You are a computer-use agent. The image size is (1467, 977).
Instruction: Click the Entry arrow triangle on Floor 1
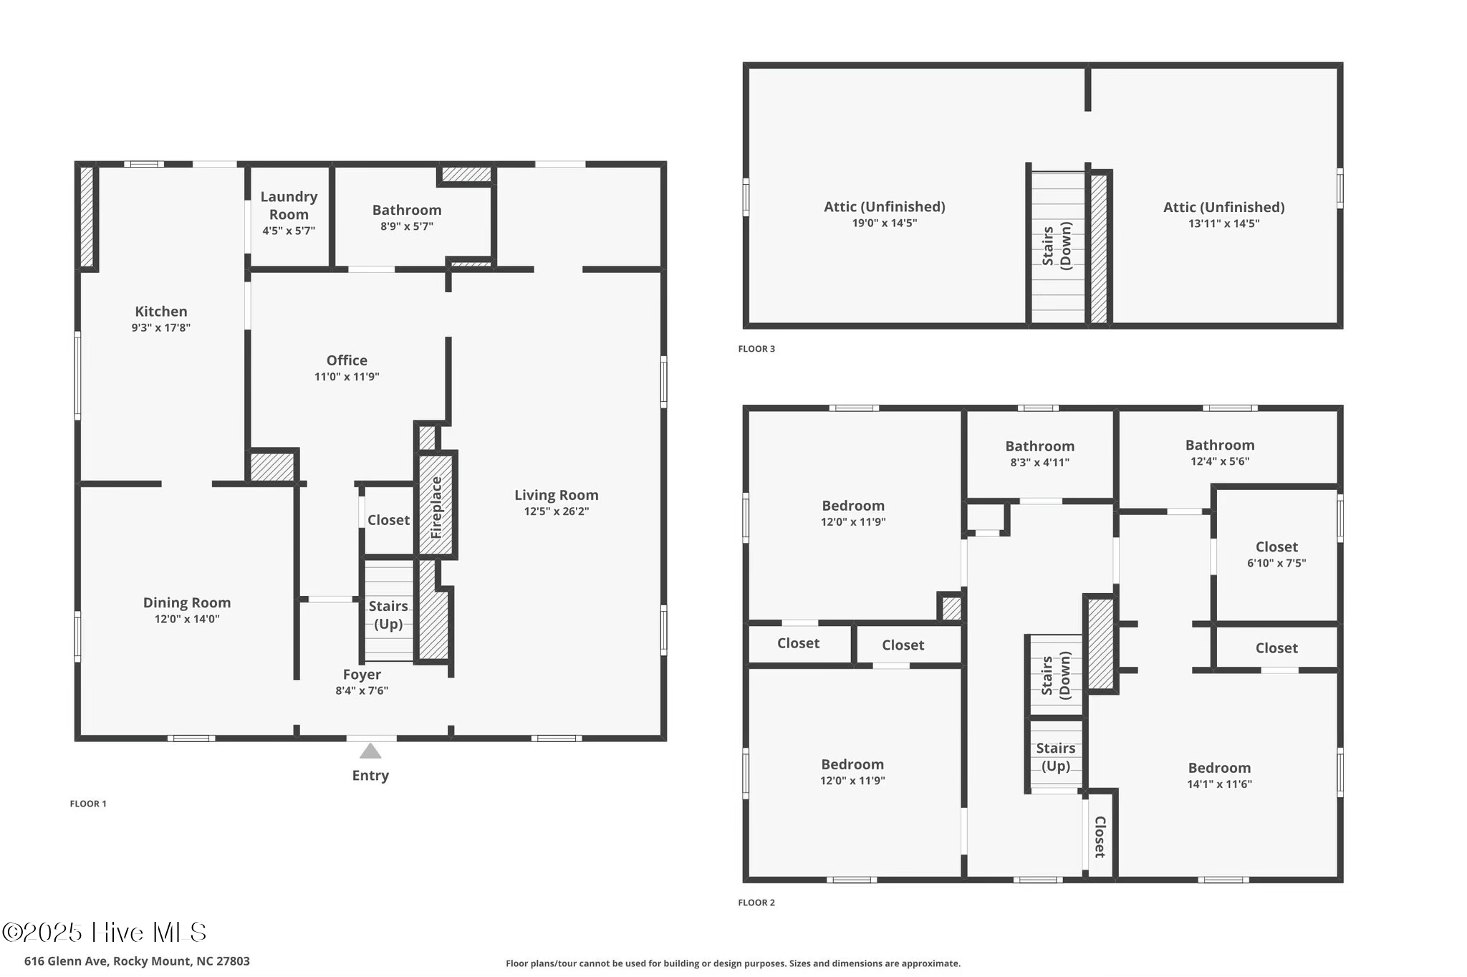[370, 751]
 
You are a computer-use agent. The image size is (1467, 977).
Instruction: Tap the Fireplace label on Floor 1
[436, 508]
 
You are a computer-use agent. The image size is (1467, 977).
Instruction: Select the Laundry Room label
[289, 206]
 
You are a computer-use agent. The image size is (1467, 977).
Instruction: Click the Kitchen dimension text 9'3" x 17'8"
[161, 328]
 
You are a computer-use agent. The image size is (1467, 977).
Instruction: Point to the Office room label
[347, 360]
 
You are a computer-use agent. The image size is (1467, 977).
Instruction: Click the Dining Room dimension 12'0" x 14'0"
[187, 619]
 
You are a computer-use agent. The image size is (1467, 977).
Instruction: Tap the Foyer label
[362, 674]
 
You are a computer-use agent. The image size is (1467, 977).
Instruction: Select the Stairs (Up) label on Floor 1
[388, 615]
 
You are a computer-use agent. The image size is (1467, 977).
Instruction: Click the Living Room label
[556, 495]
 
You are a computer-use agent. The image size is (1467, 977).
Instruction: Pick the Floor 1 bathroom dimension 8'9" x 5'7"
[407, 226]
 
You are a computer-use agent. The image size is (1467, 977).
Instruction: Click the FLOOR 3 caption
[756, 349]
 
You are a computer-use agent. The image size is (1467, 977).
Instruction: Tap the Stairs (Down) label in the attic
[1057, 246]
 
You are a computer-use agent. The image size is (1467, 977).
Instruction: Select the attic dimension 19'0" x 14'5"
[884, 223]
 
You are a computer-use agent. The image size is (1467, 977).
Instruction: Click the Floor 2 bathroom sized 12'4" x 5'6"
[1219, 453]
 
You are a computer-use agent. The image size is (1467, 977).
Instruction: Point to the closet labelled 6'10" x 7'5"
[1276, 554]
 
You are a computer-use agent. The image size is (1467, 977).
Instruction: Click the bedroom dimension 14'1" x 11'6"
[1219, 784]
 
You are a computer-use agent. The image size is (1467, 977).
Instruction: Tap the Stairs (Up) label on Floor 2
[1055, 756]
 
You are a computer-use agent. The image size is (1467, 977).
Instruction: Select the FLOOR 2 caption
[756, 903]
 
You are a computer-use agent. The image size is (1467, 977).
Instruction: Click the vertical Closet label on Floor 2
[1100, 837]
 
